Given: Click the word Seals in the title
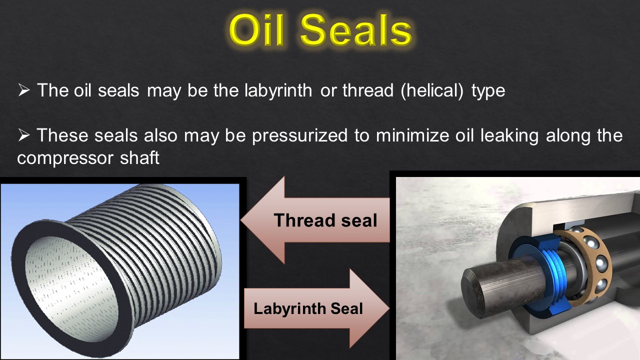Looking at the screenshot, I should tap(356, 30).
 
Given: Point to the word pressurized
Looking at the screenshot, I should tap(299, 135).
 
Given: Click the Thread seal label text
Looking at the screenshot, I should tap(325, 220).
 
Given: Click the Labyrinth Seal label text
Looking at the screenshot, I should tap(308, 308).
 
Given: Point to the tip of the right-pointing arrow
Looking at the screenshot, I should tap(388, 308).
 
